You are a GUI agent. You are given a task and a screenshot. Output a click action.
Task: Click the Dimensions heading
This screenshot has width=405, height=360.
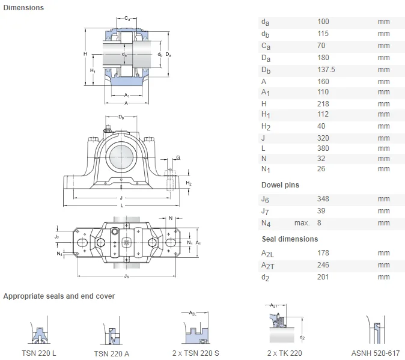click(x=23, y=8)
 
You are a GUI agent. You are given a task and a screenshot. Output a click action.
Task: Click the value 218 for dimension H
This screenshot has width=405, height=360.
click(x=323, y=104)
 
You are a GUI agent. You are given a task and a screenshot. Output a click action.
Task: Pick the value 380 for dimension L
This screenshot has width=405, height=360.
click(x=323, y=148)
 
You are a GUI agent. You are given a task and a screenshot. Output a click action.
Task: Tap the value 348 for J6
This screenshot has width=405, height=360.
click(x=323, y=199)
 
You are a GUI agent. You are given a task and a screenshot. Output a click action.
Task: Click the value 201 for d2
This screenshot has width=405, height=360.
click(x=323, y=277)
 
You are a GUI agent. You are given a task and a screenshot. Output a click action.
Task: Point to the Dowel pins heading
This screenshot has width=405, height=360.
click(x=280, y=185)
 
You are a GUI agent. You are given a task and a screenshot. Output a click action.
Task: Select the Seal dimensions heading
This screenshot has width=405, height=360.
click(x=290, y=239)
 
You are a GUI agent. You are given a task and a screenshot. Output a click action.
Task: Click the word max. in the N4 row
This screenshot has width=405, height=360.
click(x=302, y=223)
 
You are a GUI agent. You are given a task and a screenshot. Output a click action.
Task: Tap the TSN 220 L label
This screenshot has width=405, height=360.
click(x=39, y=353)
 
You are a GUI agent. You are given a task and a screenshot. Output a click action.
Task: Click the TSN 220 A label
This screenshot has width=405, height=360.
click(x=111, y=353)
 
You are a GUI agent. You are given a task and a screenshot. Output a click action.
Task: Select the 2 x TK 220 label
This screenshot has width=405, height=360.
click(x=284, y=353)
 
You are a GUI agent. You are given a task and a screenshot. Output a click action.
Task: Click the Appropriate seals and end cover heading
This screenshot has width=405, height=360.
click(x=59, y=296)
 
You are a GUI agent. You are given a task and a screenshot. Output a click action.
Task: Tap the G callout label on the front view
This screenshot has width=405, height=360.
click(x=178, y=157)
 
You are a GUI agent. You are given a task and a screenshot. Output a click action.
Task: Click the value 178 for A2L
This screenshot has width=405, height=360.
click(x=323, y=253)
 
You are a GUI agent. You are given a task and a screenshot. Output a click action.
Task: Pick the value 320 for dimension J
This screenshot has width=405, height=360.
click(x=323, y=137)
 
